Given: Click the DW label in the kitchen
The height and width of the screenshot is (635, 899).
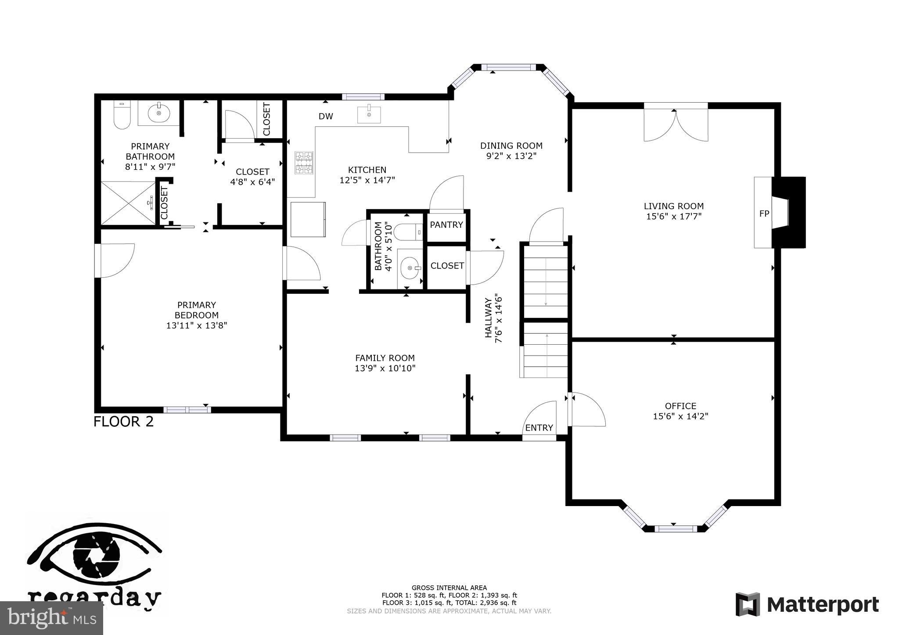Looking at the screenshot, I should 326,116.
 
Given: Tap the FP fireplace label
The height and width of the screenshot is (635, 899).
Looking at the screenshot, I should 764,214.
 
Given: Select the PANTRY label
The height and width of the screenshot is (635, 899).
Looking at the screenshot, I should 446,225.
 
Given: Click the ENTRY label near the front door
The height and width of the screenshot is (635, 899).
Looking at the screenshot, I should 539,428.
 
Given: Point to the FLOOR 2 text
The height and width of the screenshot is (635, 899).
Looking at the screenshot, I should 123,422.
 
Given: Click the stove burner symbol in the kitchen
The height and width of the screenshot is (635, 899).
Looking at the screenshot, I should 304,163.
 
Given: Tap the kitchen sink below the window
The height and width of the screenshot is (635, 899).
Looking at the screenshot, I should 369,114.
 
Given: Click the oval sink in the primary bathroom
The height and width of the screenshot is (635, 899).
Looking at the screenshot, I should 158,114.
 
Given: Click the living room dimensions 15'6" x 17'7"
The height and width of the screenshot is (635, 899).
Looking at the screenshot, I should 674,216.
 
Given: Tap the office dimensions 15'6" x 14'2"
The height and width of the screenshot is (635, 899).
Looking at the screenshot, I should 680,416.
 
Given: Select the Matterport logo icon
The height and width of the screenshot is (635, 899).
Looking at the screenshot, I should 748,604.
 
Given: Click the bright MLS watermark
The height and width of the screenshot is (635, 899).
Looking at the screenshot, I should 51,618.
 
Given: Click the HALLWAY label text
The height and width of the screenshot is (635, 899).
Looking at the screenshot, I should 488,318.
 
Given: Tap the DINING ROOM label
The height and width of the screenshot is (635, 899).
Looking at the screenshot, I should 511,146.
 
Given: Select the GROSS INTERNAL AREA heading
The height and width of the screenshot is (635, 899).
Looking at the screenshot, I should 449,588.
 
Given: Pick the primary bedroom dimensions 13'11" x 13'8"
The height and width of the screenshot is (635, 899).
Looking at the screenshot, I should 196,325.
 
